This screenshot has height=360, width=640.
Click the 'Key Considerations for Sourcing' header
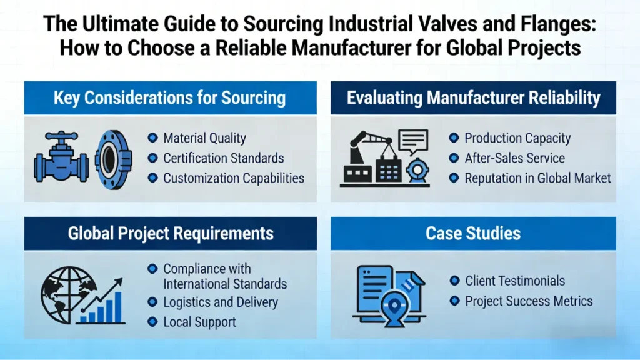[169, 97]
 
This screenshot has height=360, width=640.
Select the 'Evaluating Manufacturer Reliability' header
[473, 97]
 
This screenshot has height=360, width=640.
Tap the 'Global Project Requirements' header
[171, 234]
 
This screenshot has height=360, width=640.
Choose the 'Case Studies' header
[473, 234]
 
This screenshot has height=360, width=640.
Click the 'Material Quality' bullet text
[204, 139]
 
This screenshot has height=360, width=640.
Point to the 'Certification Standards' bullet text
[223, 158]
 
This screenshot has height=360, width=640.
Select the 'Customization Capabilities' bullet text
[233, 178]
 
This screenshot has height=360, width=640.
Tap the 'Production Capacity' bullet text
[517, 139]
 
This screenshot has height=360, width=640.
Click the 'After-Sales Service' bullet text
[514, 158]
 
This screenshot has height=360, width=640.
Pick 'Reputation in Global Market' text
[537, 178]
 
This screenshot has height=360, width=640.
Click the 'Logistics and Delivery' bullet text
[220, 302]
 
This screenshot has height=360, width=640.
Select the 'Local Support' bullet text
[199, 322]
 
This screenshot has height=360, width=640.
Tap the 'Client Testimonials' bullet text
[514, 281]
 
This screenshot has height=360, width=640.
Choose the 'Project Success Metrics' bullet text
[528, 301]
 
